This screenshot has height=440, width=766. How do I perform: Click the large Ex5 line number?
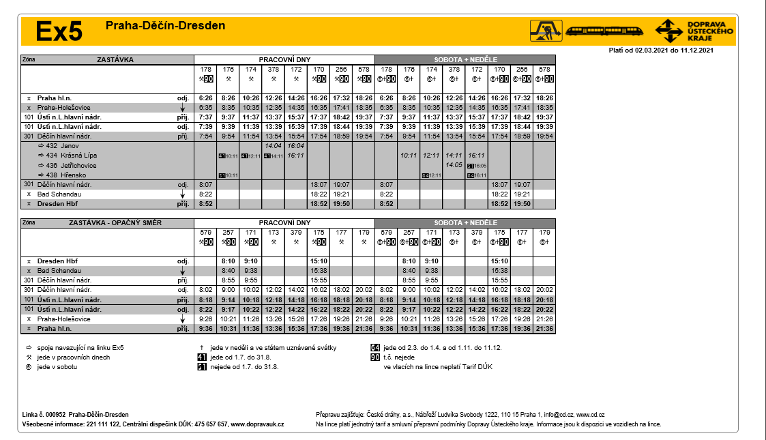[59, 31]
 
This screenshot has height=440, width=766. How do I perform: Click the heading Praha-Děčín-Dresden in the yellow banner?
[165, 26]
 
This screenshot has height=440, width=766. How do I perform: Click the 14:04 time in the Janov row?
[273, 146]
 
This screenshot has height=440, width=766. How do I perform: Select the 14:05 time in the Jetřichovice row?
[454, 166]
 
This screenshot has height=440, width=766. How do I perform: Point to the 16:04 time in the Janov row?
[296, 146]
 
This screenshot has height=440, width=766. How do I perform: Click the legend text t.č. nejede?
[399, 357]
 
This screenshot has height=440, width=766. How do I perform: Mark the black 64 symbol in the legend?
[374, 348]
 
